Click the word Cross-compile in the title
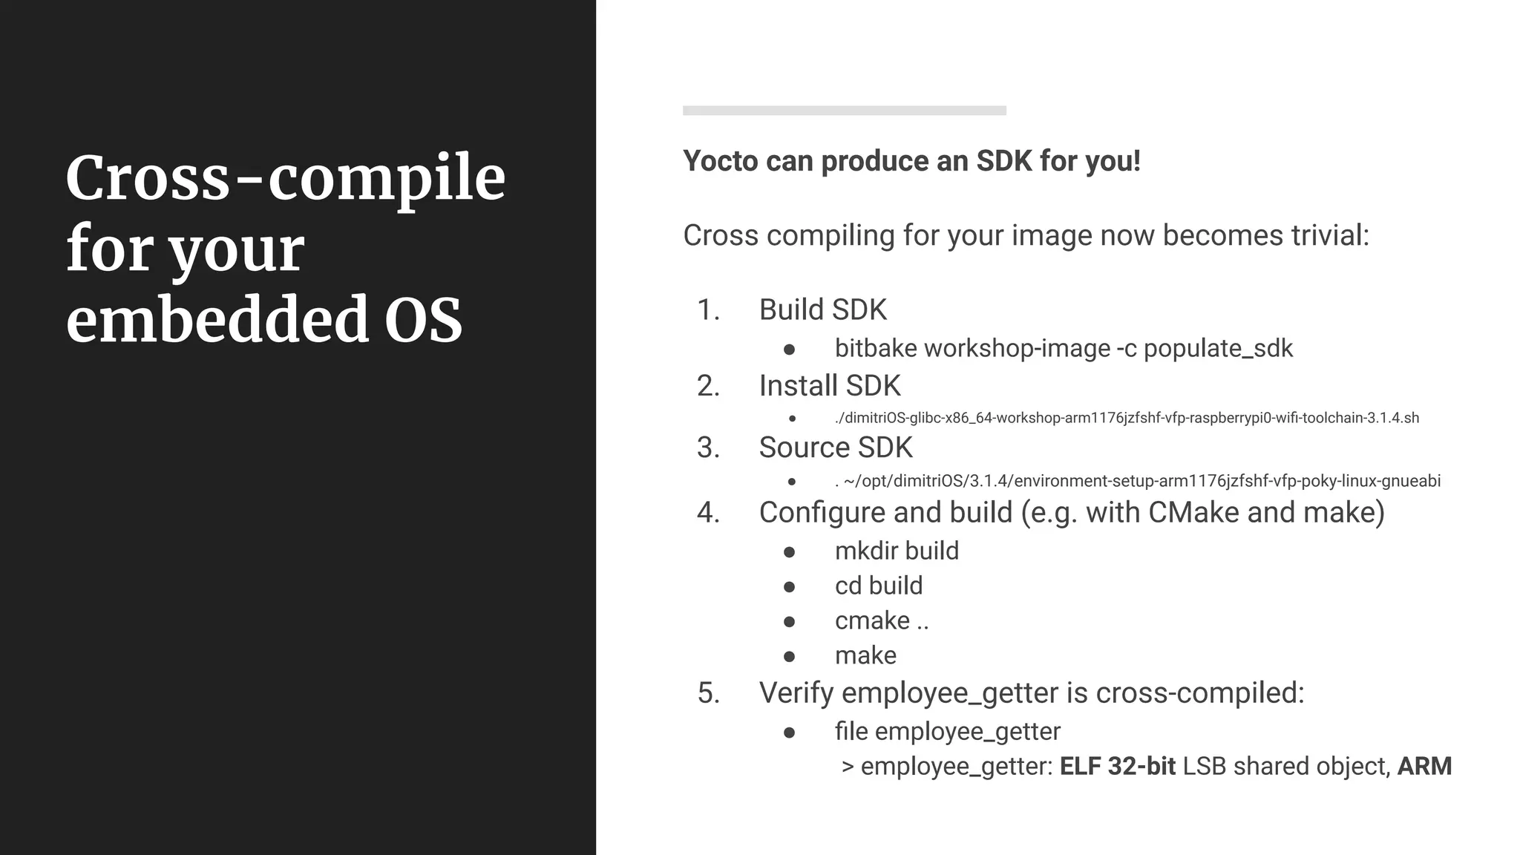[286, 179]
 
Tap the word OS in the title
[423, 320]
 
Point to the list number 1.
[708, 310]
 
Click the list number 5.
[708, 693]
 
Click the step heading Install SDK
[829, 386]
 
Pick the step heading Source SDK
[835, 448]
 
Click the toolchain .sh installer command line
[1126, 418]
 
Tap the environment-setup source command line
[1137, 481]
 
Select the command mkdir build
[897, 551]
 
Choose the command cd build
[879, 586]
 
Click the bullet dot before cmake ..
[789, 621]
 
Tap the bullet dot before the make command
[789, 656]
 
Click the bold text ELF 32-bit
[1117, 766]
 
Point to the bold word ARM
[1424, 766]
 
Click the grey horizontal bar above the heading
[844, 111]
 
